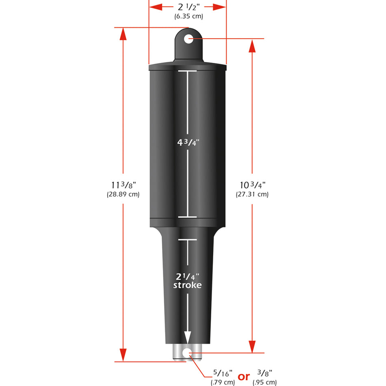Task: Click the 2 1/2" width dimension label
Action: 188,7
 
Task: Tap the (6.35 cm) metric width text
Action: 188,17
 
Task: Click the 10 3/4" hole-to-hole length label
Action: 252,185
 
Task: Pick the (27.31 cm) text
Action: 252,194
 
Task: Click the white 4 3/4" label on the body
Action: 187,143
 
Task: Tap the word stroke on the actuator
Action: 187,285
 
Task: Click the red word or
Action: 244,377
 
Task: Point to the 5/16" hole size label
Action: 223,373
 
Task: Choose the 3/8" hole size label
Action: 265,373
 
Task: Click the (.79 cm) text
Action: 223,382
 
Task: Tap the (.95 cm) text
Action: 265,382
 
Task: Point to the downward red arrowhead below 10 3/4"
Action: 252,346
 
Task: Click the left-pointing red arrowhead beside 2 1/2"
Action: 156,7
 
